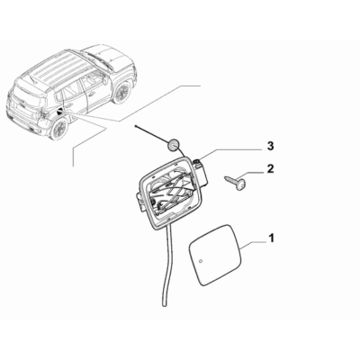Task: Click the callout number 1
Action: coord(271,238)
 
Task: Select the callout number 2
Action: coord(270,168)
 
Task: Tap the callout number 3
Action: coord(270,146)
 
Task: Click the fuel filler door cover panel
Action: coord(215,254)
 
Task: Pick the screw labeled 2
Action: coord(236,184)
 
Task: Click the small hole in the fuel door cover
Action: coord(202,260)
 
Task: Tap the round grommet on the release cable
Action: coord(173,145)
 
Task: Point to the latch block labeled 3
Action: coord(201,172)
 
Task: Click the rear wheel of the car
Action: coord(59,129)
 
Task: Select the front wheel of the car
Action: coord(122,93)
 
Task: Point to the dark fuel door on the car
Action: coord(58,112)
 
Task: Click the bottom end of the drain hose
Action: coord(165,304)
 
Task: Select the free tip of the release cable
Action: coord(136,127)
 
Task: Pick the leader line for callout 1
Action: coord(255,243)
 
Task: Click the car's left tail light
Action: coord(44,115)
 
